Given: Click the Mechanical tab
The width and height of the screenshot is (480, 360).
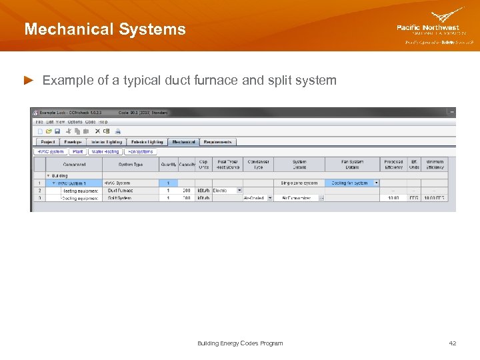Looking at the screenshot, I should pos(183,142).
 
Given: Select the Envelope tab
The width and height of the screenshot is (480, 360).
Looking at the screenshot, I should pos(73,142).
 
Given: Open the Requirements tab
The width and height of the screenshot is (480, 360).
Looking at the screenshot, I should pos(217,142).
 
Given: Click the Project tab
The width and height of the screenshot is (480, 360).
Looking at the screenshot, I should pos(48,142).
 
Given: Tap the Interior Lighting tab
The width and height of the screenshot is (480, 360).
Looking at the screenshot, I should pos(106,142).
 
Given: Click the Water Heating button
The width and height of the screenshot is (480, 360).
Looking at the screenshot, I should pos(105,151).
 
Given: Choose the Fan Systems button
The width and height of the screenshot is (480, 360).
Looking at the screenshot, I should pos(141,151).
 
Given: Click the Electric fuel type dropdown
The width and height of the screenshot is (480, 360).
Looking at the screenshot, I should pos(227,191).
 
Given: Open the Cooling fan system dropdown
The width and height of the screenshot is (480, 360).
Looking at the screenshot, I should pos(354,183).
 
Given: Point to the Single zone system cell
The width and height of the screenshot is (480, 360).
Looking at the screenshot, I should pos(299,183).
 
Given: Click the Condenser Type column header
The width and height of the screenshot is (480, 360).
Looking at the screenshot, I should pos(258,164).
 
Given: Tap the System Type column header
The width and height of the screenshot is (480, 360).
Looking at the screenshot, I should pos(130,164).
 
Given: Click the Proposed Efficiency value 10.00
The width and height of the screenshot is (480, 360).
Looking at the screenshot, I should pos(393,198).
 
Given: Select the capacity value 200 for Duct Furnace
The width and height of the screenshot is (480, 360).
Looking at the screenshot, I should pos(187,191).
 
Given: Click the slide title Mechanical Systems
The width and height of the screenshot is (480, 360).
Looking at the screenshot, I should pos(105,29).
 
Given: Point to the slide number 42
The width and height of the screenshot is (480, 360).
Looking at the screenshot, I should pos(453,343).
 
